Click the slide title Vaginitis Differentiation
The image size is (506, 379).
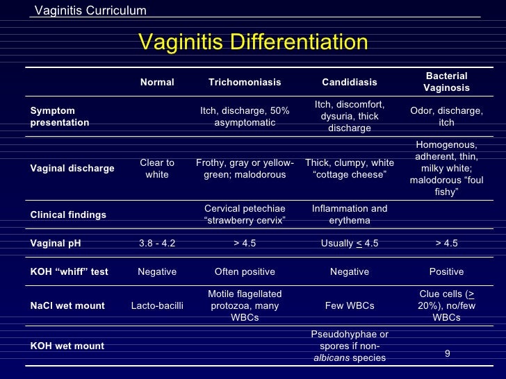253,43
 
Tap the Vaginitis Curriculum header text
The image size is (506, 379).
90,10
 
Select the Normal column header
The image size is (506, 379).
157,82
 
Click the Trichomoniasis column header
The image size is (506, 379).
245,82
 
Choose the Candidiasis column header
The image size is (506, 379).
350,82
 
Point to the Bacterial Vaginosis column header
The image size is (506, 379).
446,82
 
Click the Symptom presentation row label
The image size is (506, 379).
60,117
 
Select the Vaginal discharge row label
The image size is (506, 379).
72,168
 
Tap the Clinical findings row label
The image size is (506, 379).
68,214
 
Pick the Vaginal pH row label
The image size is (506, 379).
57,243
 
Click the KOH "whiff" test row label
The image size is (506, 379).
69,271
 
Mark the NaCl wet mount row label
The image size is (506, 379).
67,305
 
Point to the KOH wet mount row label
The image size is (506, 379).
67,346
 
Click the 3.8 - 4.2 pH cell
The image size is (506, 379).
157,243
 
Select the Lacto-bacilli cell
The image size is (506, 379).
157,305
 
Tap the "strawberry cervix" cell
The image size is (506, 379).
245,214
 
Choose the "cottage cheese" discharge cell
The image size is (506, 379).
350,169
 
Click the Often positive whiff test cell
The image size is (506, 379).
245,271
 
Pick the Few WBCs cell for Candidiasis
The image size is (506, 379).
350,305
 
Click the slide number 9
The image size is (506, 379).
447,353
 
